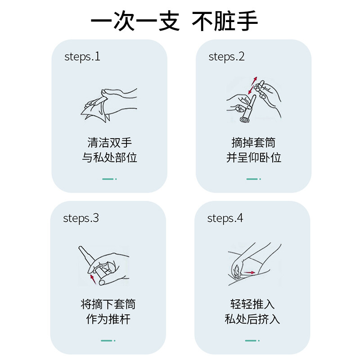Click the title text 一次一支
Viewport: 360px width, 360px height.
[135, 21]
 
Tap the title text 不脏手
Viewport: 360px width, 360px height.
[225, 21]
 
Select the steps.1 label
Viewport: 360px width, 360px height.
[82, 57]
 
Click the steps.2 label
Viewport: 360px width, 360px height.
[226, 57]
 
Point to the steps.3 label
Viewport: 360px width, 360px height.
[81, 218]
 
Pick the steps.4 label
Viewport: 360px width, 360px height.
[225, 218]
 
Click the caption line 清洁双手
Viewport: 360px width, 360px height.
[109, 143]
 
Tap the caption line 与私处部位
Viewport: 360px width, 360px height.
[109, 158]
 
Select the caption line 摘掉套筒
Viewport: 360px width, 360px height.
[253, 143]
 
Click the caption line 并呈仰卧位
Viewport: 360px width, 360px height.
[253, 158]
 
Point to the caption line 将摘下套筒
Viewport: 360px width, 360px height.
[108, 304]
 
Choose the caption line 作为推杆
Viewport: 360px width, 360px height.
[108, 319]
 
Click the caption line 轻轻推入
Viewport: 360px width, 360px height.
[252, 304]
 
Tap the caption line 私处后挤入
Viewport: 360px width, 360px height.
[252, 319]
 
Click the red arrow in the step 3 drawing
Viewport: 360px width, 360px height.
[93, 279]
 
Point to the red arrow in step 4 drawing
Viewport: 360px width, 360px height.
[249, 273]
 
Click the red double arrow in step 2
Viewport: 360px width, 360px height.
[252, 85]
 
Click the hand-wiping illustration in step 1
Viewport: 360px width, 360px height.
[109, 105]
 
